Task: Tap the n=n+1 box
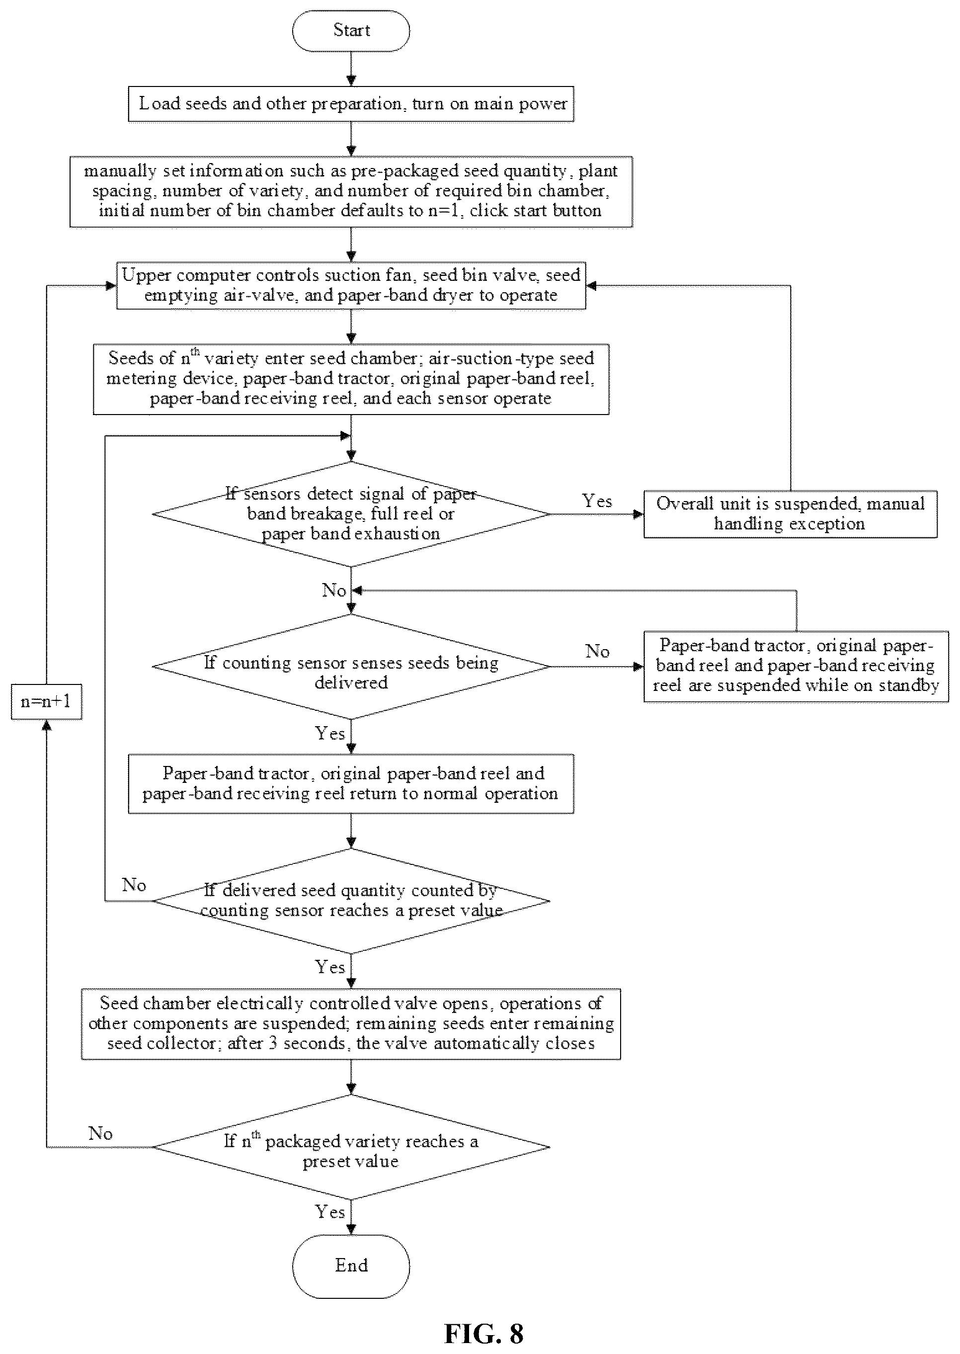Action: [46, 702]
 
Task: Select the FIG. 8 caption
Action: [483, 1334]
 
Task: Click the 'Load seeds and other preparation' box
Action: [351, 104]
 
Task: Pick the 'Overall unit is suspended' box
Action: [791, 514]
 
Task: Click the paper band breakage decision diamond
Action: [351, 514]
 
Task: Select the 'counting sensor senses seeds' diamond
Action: [351, 667]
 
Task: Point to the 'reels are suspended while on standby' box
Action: [796, 667]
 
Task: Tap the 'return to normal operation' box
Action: [351, 783]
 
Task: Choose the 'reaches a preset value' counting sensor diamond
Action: [351, 901]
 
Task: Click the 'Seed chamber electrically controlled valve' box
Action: [351, 1024]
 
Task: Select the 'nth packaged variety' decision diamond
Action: [351, 1147]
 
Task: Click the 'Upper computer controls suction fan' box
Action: [351, 286]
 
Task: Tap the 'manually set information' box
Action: [351, 191]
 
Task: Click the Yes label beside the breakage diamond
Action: [597, 501]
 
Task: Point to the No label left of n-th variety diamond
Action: [100, 1133]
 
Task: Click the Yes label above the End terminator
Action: [330, 1212]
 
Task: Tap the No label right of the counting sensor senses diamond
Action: [597, 651]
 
